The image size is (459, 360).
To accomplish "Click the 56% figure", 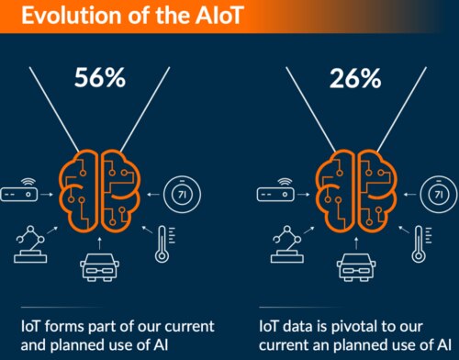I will [99, 78].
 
